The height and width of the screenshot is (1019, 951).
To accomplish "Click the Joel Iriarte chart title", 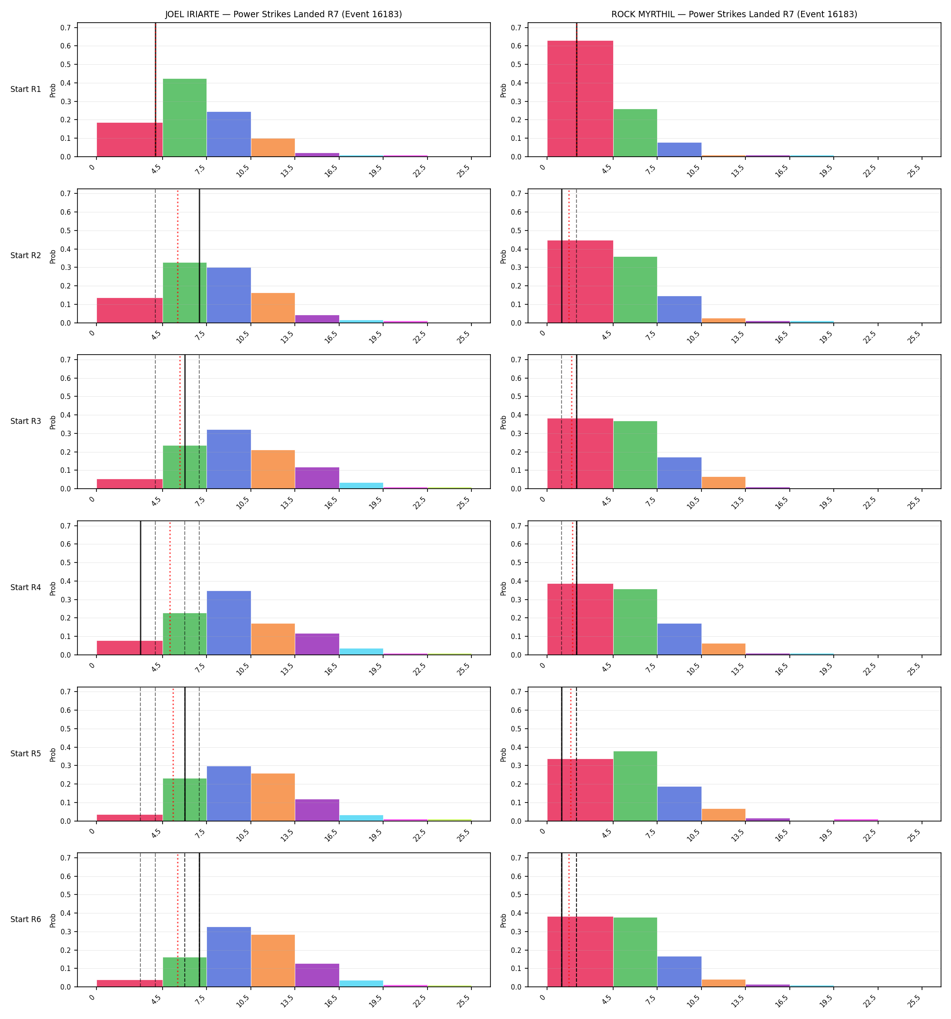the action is pos(283,14).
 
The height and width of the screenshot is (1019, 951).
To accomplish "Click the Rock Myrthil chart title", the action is pos(734,14).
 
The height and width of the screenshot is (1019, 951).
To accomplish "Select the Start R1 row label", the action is pos(26,89).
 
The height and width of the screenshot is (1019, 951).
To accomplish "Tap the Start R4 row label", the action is pos(26,587).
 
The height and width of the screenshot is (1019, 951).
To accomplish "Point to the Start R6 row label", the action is pos(26,919).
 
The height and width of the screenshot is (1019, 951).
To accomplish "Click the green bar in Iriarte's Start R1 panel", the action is pos(185,117).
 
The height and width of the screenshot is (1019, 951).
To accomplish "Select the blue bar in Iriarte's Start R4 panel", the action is pos(229,623).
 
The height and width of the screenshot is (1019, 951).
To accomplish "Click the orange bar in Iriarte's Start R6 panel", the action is pos(273,961).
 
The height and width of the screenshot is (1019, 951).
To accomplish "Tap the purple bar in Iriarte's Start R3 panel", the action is pos(317,478).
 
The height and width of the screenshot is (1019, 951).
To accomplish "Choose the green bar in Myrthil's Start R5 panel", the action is pos(635,786).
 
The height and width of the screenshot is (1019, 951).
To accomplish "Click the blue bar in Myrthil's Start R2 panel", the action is pos(679,310).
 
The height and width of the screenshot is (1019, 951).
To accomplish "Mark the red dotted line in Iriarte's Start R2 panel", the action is pos(178,256).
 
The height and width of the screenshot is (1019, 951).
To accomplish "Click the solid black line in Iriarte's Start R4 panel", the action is pos(140,588).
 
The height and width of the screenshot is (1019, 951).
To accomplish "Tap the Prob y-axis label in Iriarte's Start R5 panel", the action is pos(53,755).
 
